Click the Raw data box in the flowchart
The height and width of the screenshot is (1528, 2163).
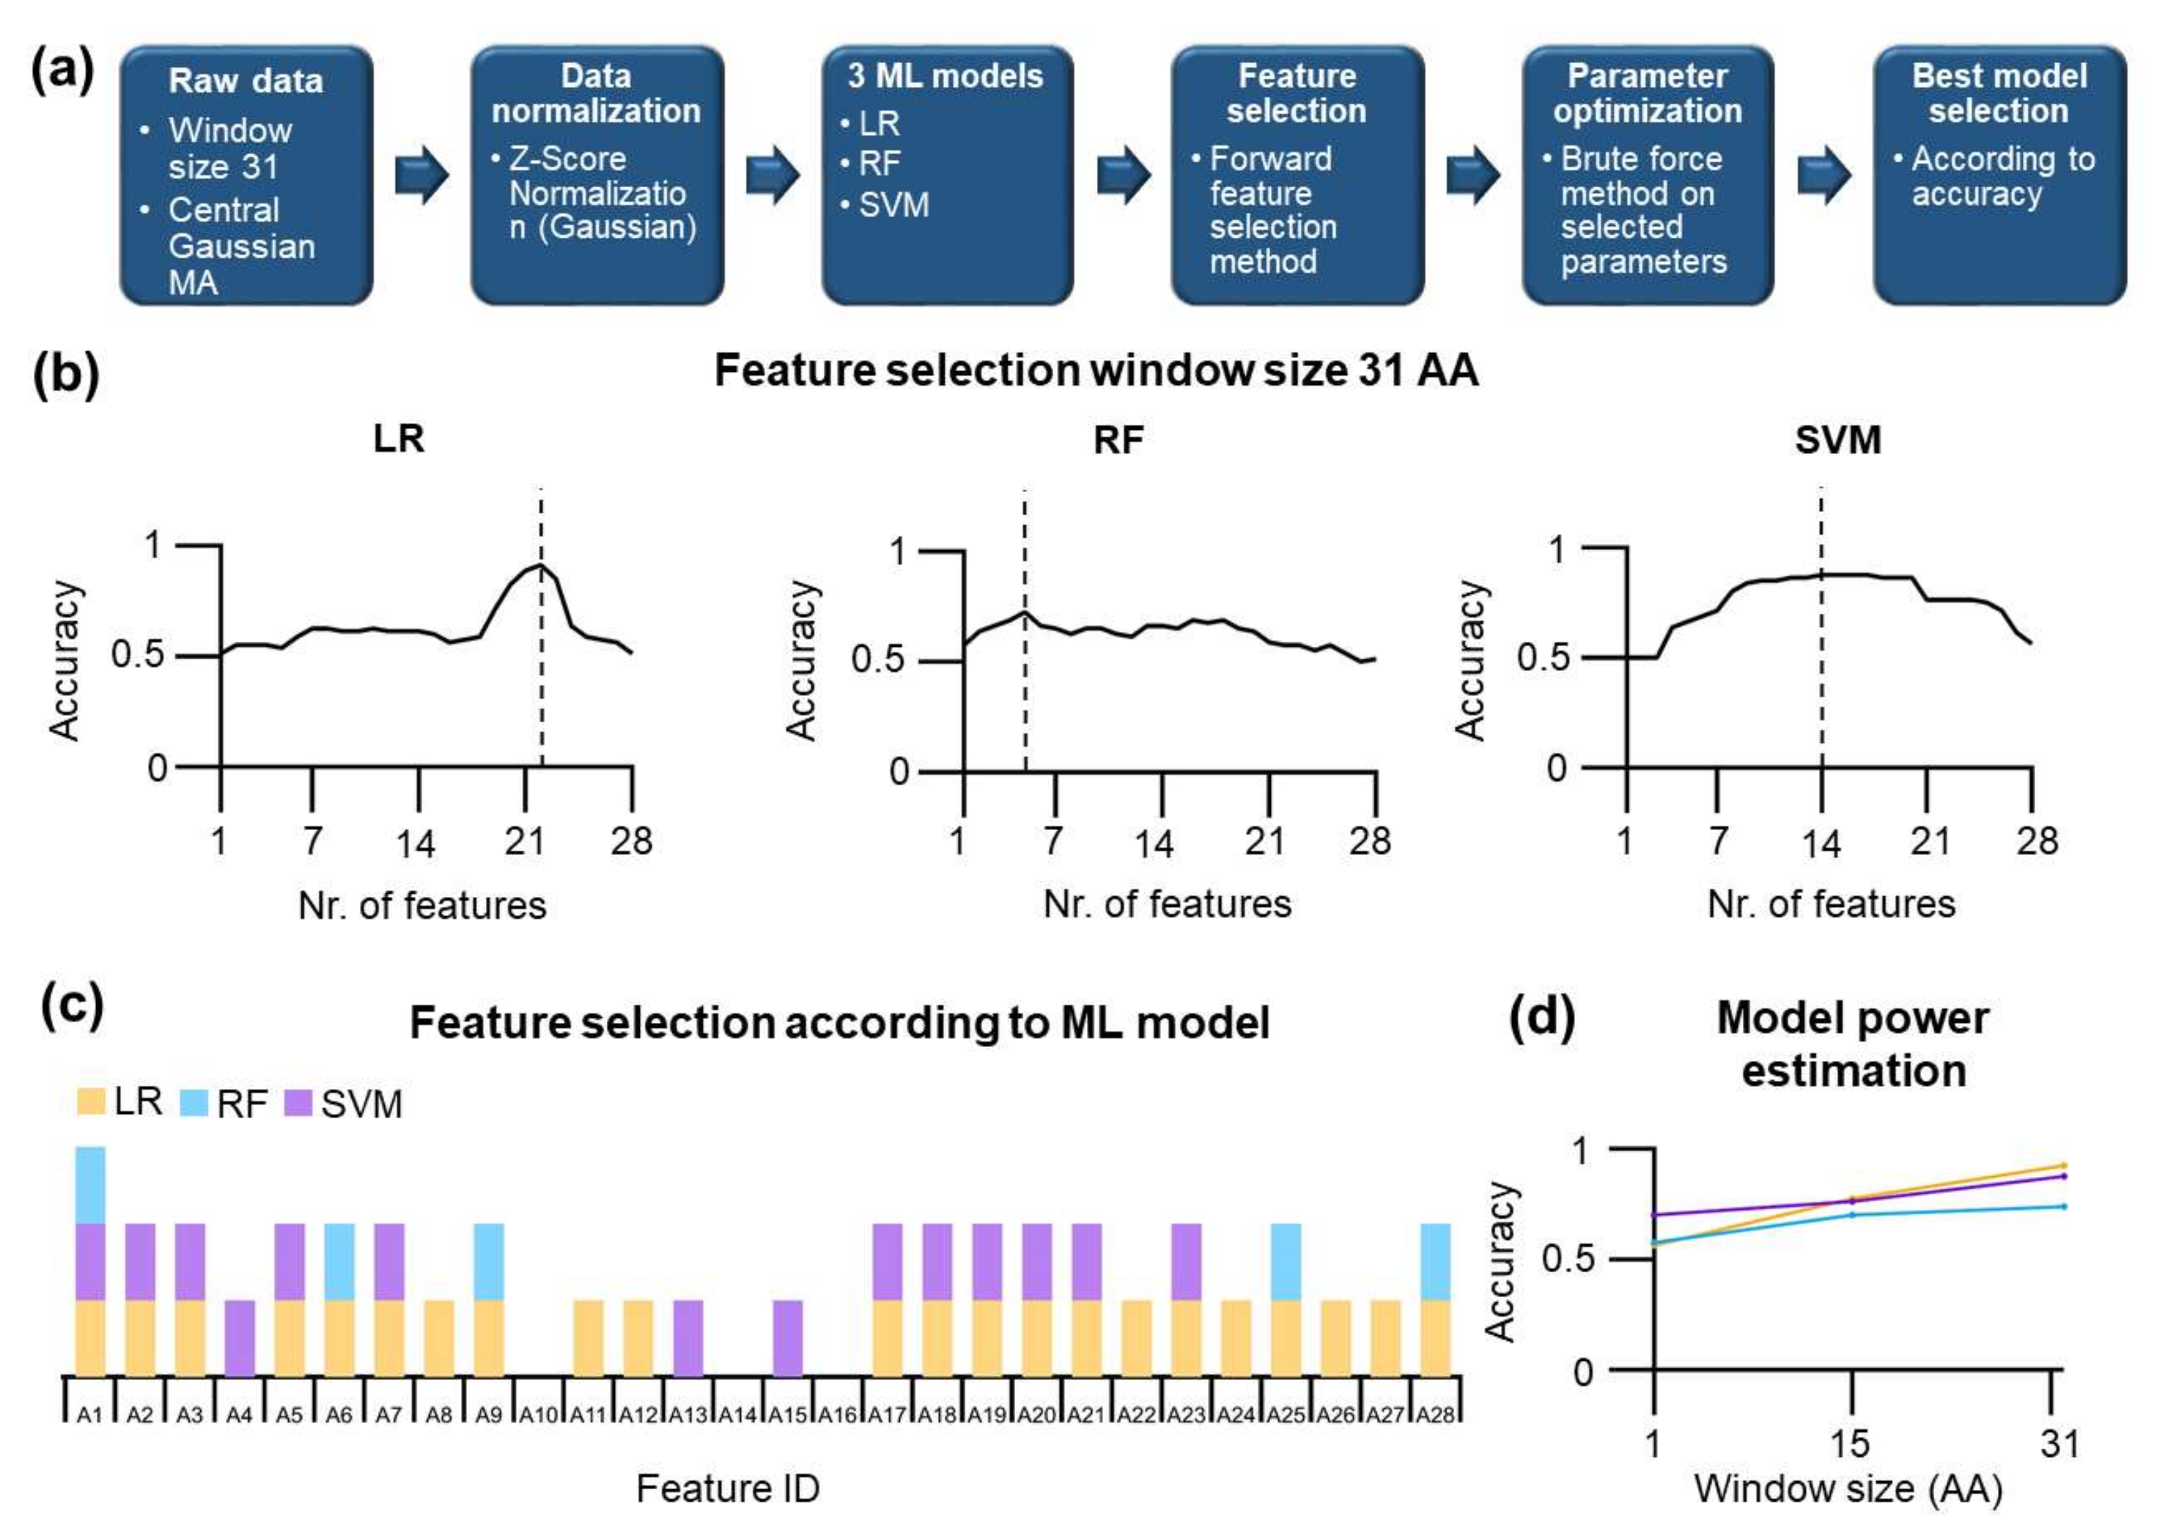click(x=246, y=176)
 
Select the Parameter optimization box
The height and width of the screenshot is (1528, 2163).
click(x=1647, y=176)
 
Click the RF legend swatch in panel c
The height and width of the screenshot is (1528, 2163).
click(x=193, y=1102)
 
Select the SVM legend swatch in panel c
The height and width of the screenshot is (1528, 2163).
click(x=298, y=1102)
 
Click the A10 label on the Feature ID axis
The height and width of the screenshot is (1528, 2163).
click(x=539, y=1415)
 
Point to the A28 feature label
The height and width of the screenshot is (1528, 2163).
click(x=1436, y=1415)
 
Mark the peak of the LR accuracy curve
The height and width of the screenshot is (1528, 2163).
click(x=540, y=565)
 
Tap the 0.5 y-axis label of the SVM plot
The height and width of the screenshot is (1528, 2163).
click(x=1543, y=657)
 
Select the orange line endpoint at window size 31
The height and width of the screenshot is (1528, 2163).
click(x=2063, y=1165)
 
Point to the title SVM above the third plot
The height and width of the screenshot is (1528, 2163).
click(x=1837, y=440)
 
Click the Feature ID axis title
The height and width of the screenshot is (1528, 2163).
click(x=727, y=1489)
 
